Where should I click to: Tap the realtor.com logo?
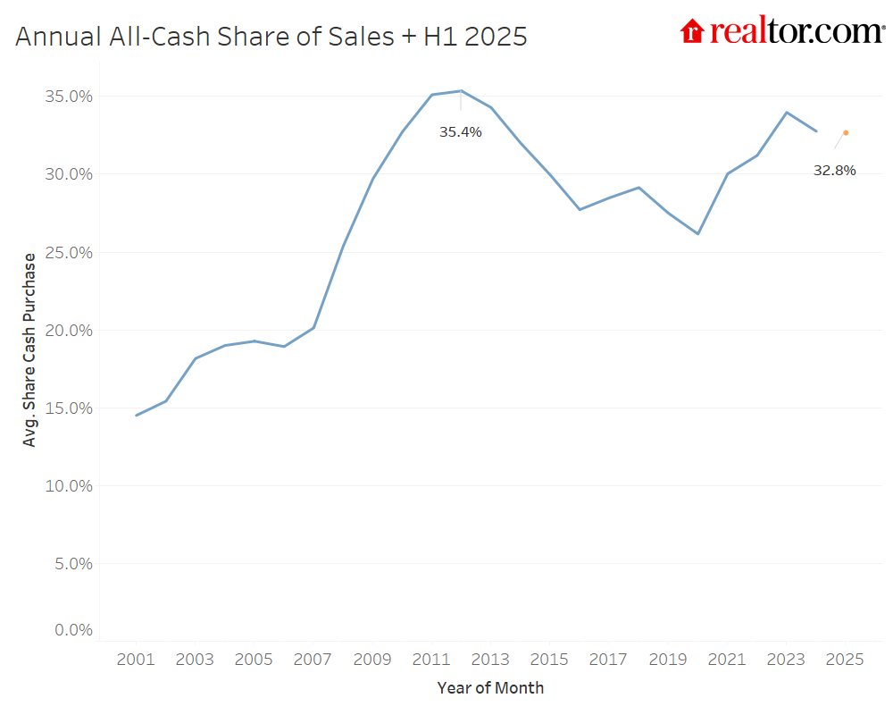[x=781, y=31]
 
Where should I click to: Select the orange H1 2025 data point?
[x=846, y=132]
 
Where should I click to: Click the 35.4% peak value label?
[x=460, y=132]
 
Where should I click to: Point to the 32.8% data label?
[x=834, y=171]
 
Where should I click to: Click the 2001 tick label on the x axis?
[x=137, y=660]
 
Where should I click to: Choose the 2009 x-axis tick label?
[x=372, y=660]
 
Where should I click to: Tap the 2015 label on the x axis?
[x=549, y=660]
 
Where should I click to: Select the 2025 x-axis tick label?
[x=845, y=660]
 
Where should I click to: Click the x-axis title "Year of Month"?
[x=490, y=688]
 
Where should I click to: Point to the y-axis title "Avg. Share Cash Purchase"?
[x=30, y=349]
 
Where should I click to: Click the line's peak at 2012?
[x=461, y=90]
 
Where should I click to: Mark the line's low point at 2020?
[x=697, y=233]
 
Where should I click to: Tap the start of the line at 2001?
[x=137, y=415]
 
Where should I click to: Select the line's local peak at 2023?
[x=786, y=113]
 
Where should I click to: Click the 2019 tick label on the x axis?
[x=667, y=660]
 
